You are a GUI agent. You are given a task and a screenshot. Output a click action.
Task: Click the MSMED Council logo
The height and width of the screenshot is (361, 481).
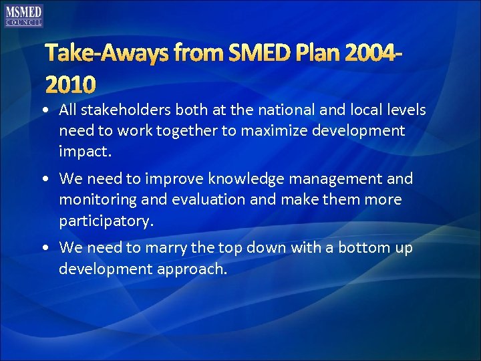coord(24,15)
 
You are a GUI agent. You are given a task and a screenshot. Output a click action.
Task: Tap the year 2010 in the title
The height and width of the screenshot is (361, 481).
coord(71,84)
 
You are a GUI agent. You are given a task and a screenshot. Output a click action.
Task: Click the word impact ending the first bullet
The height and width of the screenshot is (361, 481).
coord(84,152)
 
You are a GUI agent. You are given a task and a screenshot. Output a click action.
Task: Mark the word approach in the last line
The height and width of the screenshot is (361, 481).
coord(194,269)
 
